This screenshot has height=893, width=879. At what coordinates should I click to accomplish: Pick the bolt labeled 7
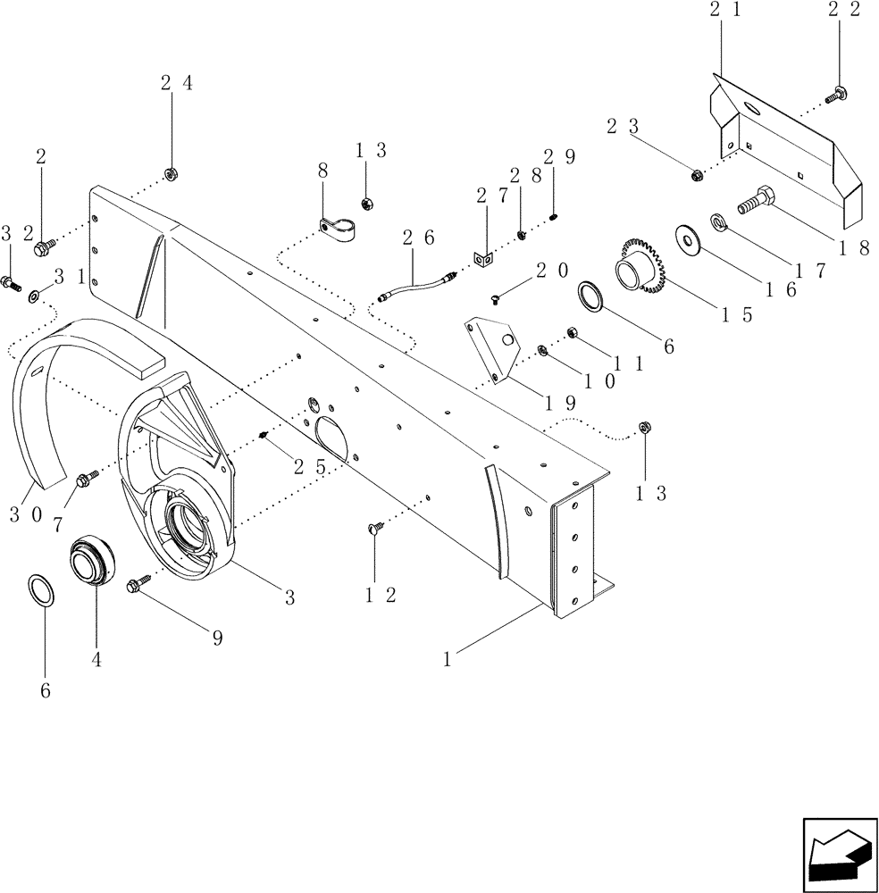87,480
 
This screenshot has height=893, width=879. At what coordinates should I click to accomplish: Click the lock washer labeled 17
718,221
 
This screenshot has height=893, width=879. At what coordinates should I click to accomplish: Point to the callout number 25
306,465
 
